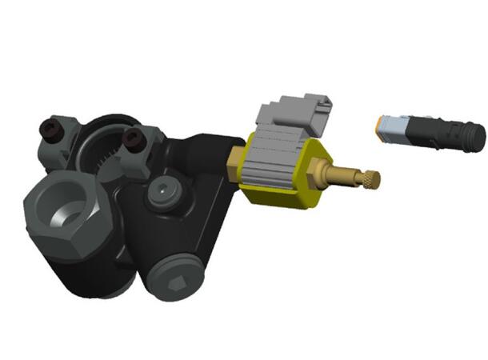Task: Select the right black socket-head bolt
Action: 131,139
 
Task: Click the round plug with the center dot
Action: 164,193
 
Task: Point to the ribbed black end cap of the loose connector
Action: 472,136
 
